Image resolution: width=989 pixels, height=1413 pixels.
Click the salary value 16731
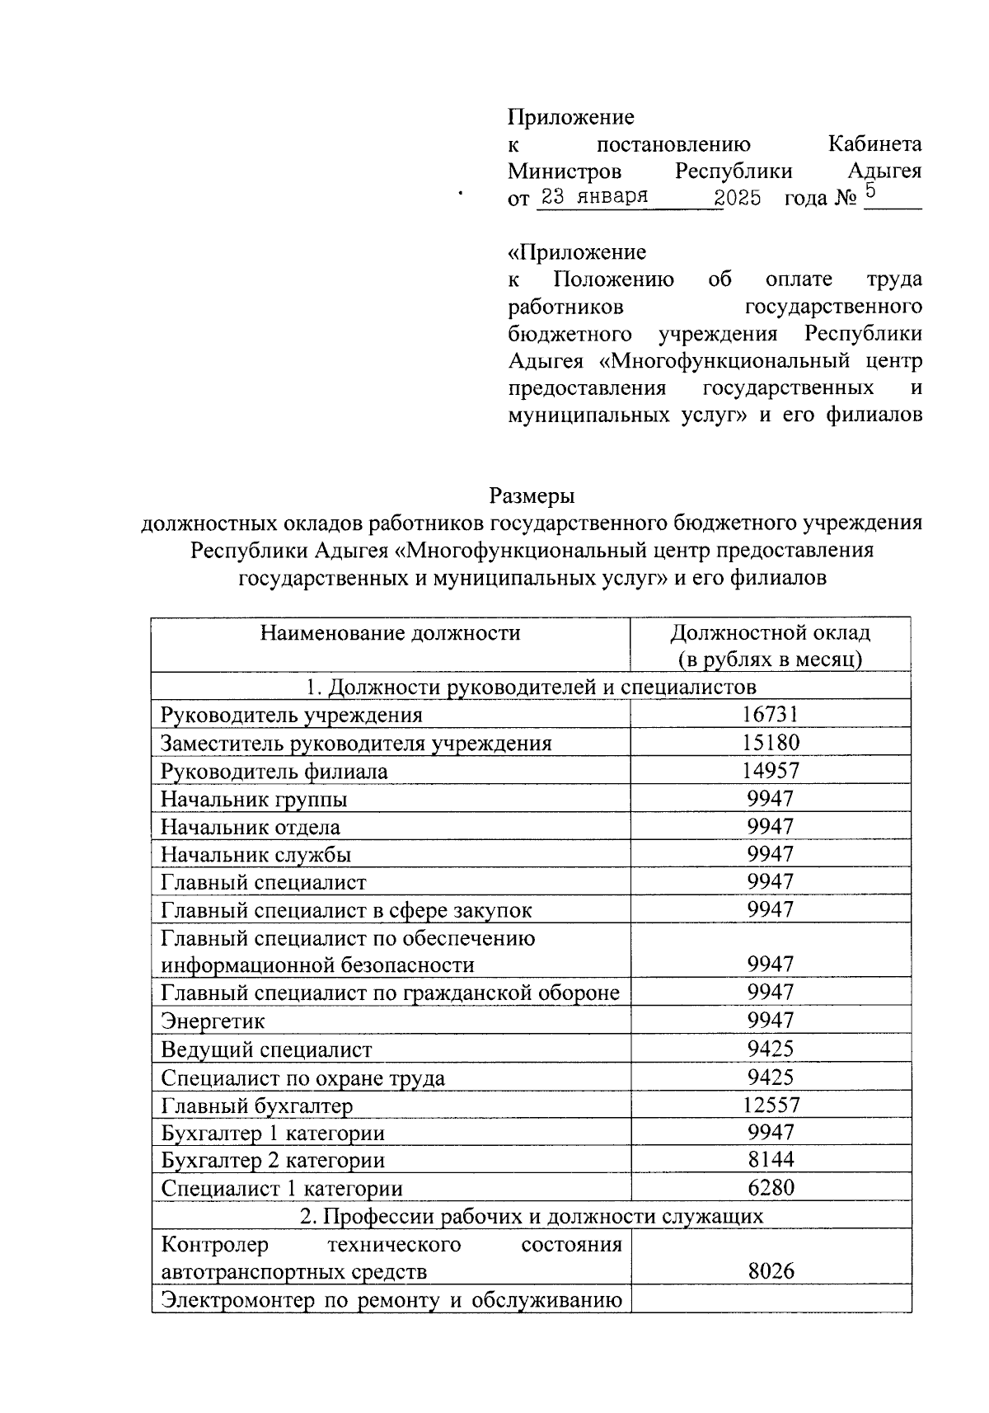click(x=771, y=714)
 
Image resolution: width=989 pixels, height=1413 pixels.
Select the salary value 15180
click(x=771, y=742)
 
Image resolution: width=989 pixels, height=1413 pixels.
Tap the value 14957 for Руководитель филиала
click(x=771, y=770)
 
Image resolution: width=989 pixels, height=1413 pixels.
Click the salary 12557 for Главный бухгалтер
click(x=771, y=1104)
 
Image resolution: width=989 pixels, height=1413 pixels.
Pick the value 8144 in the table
click(x=771, y=1159)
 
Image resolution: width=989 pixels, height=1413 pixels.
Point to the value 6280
click(x=771, y=1187)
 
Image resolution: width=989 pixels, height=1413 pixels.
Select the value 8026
click(x=771, y=1270)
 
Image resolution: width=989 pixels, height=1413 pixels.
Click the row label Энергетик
click(x=213, y=1021)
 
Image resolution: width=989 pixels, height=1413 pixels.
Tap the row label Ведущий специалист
click(x=266, y=1049)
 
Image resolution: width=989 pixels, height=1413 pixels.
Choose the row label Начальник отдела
click(x=250, y=827)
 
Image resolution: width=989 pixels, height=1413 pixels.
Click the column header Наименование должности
click(x=390, y=632)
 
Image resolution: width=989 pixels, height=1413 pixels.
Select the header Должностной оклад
click(x=770, y=633)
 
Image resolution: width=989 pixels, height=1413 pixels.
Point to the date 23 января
click(x=593, y=197)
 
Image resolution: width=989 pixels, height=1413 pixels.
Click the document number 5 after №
click(x=870, y=195)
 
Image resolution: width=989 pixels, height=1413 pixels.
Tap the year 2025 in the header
click(x=738, y=198)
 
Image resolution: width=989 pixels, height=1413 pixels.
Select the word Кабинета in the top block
click(x=874, y=144)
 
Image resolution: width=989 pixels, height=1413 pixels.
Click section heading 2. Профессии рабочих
click(x=531, y=1215)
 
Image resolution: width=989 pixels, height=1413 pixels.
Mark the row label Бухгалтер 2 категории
click(x=273, y=1160)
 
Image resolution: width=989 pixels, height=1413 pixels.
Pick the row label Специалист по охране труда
click(x=302, y=1077)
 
